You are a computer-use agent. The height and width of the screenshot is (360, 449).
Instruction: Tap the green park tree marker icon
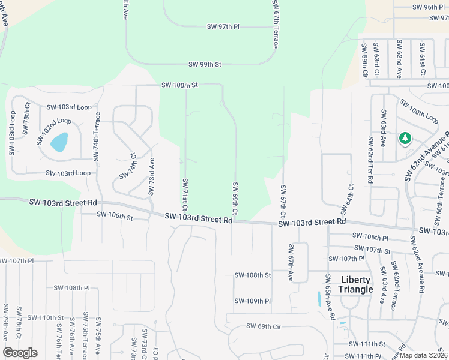click(405, 139)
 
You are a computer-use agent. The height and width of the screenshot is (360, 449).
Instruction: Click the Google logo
click(20, 353)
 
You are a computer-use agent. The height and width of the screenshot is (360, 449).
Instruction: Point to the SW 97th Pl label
click(223, 27)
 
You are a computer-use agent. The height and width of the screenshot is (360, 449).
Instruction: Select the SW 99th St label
click(205, 64)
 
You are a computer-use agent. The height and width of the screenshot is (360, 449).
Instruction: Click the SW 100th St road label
click(179, 85)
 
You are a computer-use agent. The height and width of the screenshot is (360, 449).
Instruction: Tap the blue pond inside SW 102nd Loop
click(59, 142)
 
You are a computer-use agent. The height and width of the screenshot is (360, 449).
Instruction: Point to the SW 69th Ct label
click(235, 199)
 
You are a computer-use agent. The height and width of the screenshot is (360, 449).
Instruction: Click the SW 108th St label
click(252, 275)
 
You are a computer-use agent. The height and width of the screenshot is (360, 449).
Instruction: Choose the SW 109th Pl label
click(252, 301)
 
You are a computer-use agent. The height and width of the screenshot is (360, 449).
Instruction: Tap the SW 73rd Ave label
click(152, 176)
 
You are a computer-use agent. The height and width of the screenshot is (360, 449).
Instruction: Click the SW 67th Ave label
click(291, 263)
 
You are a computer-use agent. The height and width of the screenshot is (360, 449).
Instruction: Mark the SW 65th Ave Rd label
click(328, 298)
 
